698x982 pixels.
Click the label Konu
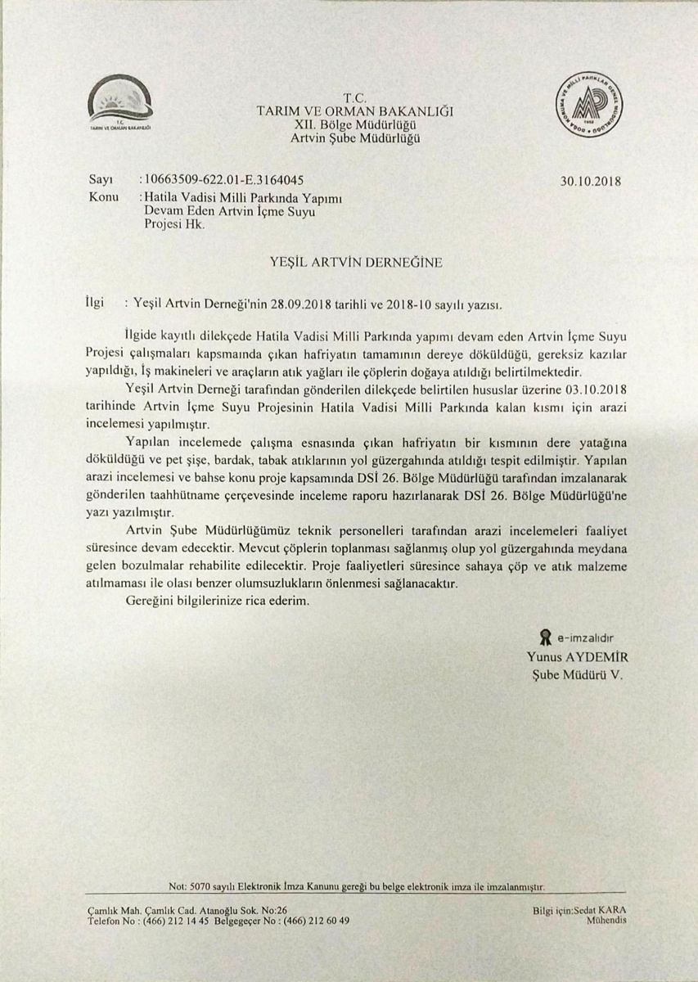pyautogui.click(x=101, y=197)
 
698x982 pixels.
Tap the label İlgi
pyautogui.click(x=96, y=302)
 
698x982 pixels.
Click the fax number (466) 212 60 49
pyautogui.click(x=316, y=920)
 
